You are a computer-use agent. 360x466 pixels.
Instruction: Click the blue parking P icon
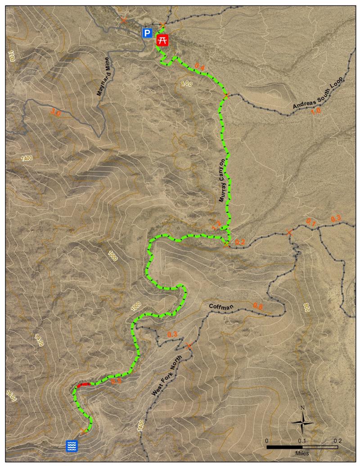(x=147, y=33)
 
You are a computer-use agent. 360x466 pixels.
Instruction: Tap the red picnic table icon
(x=162, y=40)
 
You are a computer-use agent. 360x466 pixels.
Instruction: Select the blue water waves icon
(x=72, y=446)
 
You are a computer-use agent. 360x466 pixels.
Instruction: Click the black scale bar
(x=302, y=447)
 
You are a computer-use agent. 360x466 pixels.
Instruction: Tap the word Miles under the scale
(x=302, y=453)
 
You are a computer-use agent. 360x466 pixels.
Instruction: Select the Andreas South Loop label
(x=318, y=93)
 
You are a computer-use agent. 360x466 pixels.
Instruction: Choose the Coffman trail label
(x=221, y=307)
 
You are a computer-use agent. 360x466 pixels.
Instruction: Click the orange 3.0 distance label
(x=56, y=113)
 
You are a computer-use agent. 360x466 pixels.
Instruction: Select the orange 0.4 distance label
(x=200, y=68)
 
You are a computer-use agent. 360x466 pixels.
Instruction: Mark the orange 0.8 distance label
(x=258, y=306)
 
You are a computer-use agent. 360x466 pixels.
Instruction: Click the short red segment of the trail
(x=83, y=385)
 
